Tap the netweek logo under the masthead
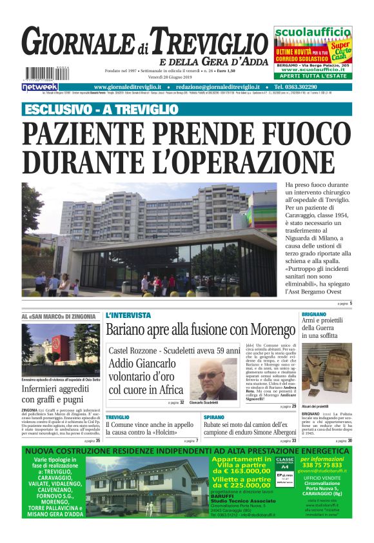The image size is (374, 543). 40,86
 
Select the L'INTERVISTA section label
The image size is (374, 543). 128,315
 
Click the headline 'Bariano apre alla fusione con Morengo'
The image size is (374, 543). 200,330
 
